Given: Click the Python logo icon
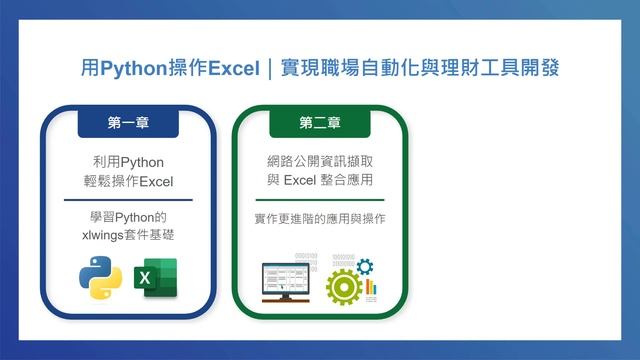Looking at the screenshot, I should (x=102, y=279).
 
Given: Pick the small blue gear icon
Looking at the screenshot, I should (x=364, y=266).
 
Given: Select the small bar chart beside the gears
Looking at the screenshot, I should (x=371, y=287).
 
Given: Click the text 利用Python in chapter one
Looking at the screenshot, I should (x=127, y=162).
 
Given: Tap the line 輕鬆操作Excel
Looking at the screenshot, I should (x=127, y=181).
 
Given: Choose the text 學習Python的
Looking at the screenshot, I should (x=127, y=217).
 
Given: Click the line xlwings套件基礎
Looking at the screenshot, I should (x=127, y=236).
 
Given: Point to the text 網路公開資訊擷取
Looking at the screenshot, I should (x=319, y=162).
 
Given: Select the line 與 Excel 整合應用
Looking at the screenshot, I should (x=319, y=181).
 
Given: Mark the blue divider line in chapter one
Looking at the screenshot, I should (x=127, y=199).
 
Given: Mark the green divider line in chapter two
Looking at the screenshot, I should (x=319, y=199).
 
